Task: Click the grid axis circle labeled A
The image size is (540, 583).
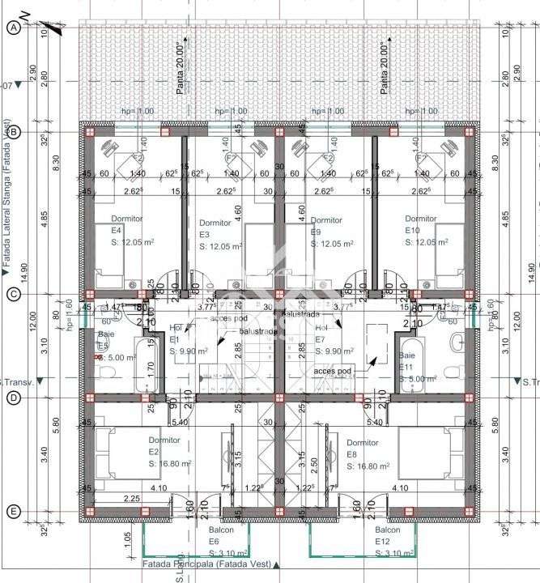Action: tap(13, 28)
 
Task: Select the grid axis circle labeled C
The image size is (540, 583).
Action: tap(13, 295)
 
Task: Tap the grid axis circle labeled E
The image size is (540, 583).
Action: tap(13, 511)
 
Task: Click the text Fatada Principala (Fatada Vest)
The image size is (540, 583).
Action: tap(206, 564)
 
